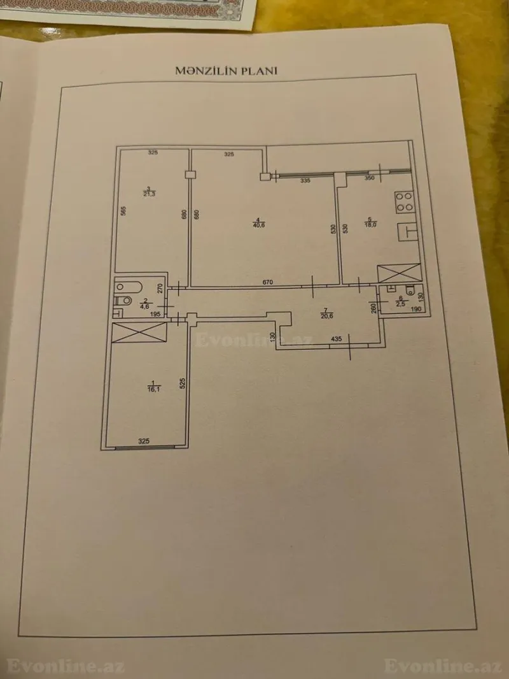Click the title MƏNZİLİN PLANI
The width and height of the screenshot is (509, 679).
click(x=227, y=71)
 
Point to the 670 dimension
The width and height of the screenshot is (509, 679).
click(x=268, y=282)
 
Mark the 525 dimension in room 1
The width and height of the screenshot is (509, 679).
click(x=182, y=383)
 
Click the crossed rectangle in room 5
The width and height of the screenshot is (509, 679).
click(x=398, y=273)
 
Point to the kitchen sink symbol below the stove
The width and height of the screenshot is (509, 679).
click(x=407, y=231)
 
